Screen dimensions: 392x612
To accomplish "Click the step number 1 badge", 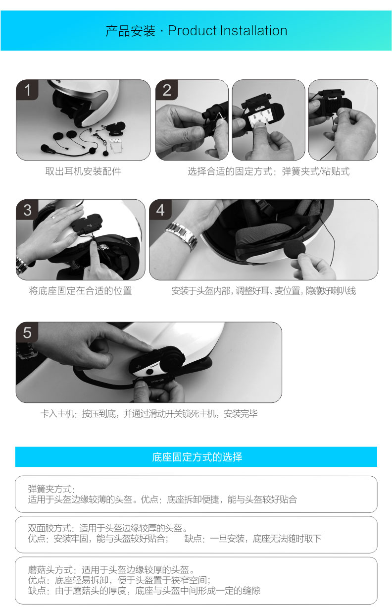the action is pyautogui.click(x=27, y=90).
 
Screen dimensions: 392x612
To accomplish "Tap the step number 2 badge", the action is pyautogui.click(x=167, y=90).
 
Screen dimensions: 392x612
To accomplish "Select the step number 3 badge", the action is pyautogui.click(x=27, y=210).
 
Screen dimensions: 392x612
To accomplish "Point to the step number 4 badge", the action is pyautogui.click(x=160, y=210).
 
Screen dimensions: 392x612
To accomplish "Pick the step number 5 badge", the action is pyautogui.click(x=27, y=332).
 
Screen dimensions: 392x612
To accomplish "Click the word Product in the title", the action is pyautogui.click(x=193, y=31).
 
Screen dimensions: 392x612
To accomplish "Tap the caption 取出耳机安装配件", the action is pyautogui.click(x=83, y=171).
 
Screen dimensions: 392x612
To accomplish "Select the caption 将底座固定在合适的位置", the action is pyautogui.click(x=80, y=291).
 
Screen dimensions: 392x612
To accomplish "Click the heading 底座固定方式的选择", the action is pyautogui.click(x=197, y=457).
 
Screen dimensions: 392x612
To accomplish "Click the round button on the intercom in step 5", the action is pyautogui.click(x=149, y=372).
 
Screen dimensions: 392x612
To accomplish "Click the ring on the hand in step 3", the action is pyautogui.click(x=53, y=217).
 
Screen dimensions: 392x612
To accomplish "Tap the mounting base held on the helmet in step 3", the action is pyautogui.click(x=87, y=224).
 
